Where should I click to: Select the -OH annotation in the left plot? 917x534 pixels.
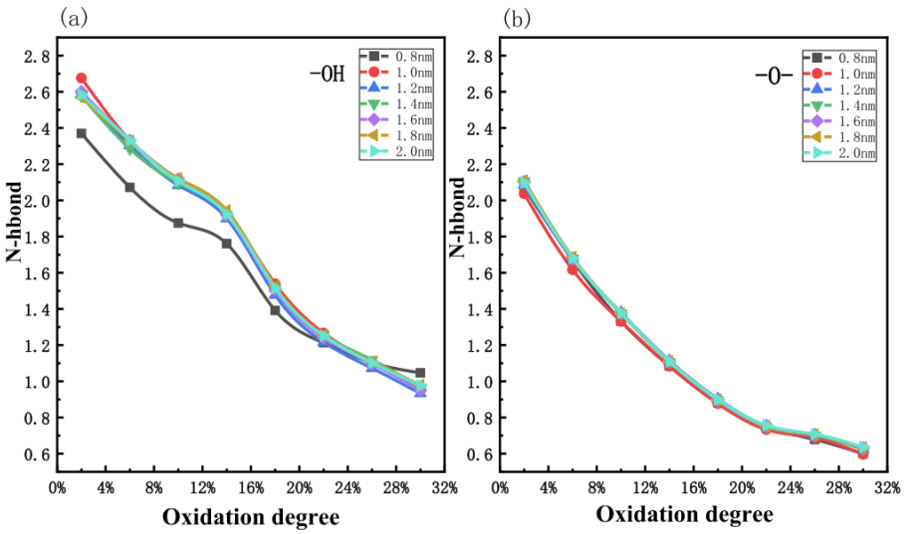[x=326, y=73]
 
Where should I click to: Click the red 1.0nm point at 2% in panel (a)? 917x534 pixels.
[x=82, y=78]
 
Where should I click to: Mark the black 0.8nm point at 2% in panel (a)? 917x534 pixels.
[x=82, y=133]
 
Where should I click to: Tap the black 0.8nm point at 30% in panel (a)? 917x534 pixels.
[x=420, y=373]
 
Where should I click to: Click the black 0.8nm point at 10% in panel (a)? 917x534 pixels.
[x=178, y=223]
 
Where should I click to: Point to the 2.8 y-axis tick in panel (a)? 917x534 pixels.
[x=38, y=56]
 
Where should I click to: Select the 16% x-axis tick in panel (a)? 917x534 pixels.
[x=251, y=489]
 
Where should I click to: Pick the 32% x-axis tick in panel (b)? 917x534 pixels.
[x=888, y=489]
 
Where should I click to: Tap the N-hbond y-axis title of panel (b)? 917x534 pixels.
[x=458, y=219]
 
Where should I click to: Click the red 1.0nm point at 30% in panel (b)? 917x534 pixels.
[x=863, y=453]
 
